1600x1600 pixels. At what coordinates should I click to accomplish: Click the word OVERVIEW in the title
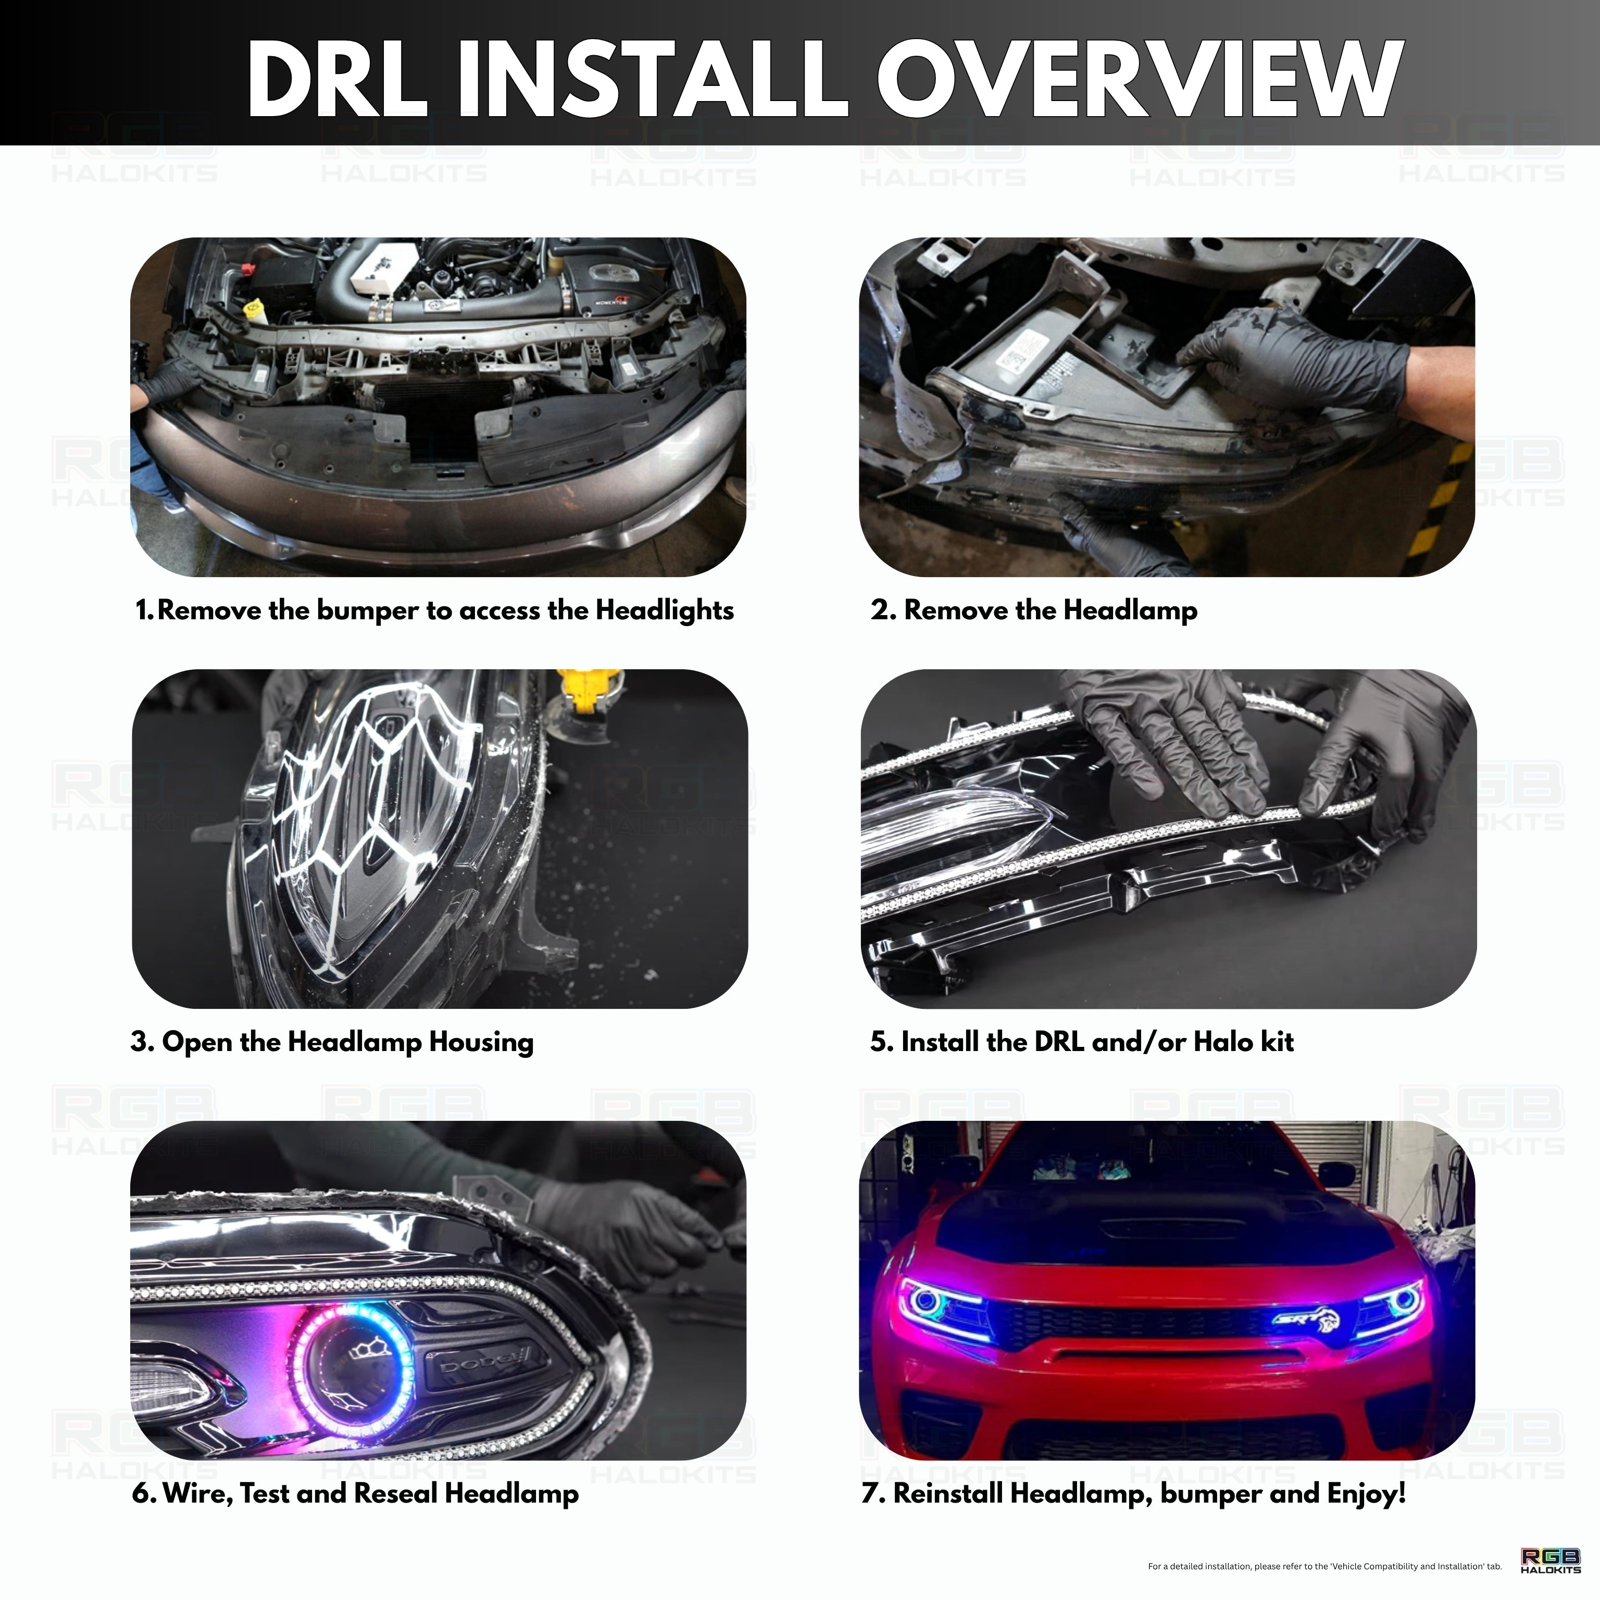point(1139,79)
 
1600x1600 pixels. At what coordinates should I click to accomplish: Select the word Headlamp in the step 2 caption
point(1130,610)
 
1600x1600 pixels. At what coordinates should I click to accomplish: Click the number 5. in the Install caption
point(881,1042)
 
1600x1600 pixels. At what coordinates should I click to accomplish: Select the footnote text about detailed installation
point(1324,1566)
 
